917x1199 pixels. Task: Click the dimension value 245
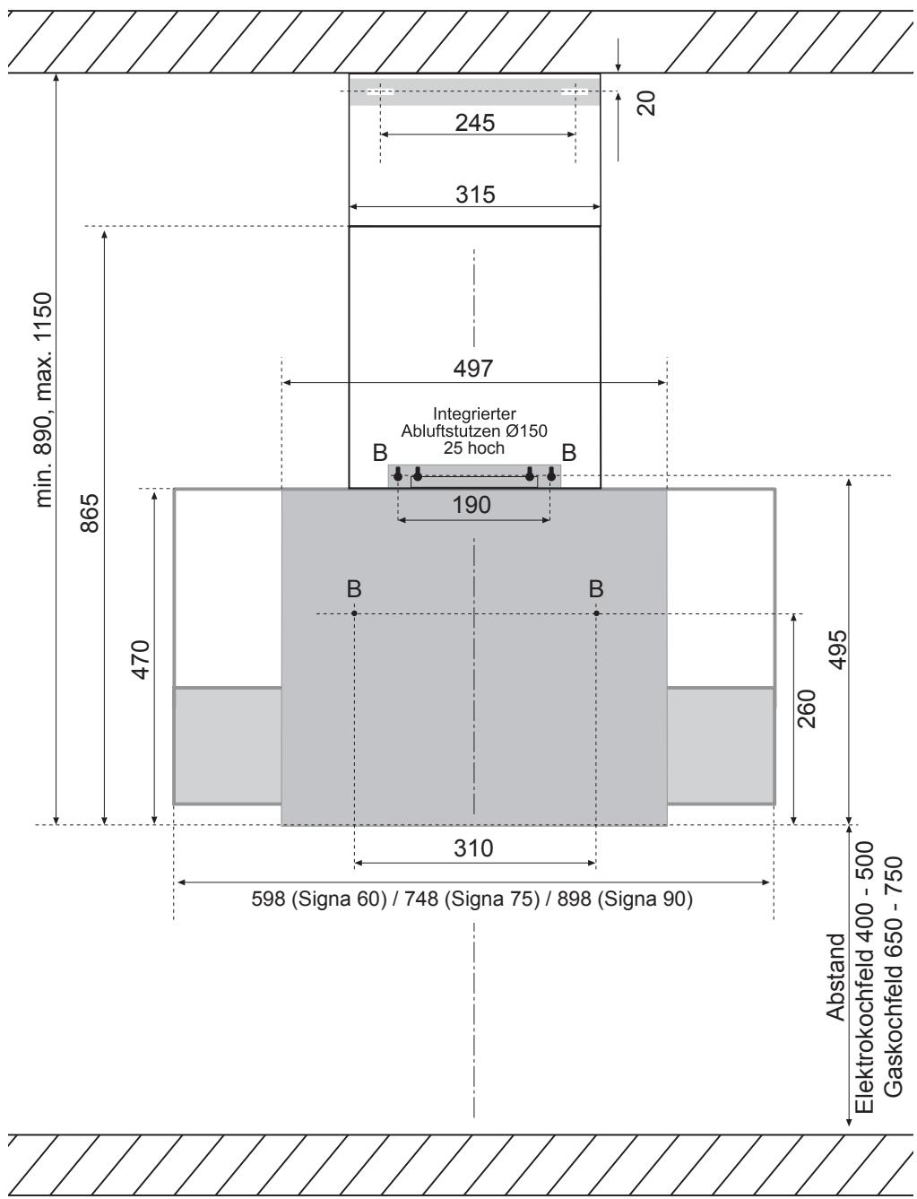pos(475,123)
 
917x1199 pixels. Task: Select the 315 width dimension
pos(475,195)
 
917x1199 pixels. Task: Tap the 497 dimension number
pos(473,369)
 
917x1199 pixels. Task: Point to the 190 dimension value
pos(471,505)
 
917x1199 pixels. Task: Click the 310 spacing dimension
pos(473,848)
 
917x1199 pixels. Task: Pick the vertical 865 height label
pos(90,513)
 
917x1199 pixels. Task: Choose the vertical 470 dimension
pos(141,660)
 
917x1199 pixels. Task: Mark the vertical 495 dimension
pos(838,649)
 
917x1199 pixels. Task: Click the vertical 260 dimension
pos(807,709)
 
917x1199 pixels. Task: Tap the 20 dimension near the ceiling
pos(646,103)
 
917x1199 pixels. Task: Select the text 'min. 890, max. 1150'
pos(43,400)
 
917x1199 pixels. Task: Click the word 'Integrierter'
pos(474,414)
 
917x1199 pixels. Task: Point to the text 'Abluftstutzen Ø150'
pos(474,431)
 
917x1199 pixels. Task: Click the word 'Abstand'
pos(835,977)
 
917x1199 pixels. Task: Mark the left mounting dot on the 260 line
pos(354,613)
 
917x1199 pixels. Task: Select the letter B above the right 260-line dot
pos(596,589)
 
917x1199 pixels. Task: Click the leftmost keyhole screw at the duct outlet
pos(398,474)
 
